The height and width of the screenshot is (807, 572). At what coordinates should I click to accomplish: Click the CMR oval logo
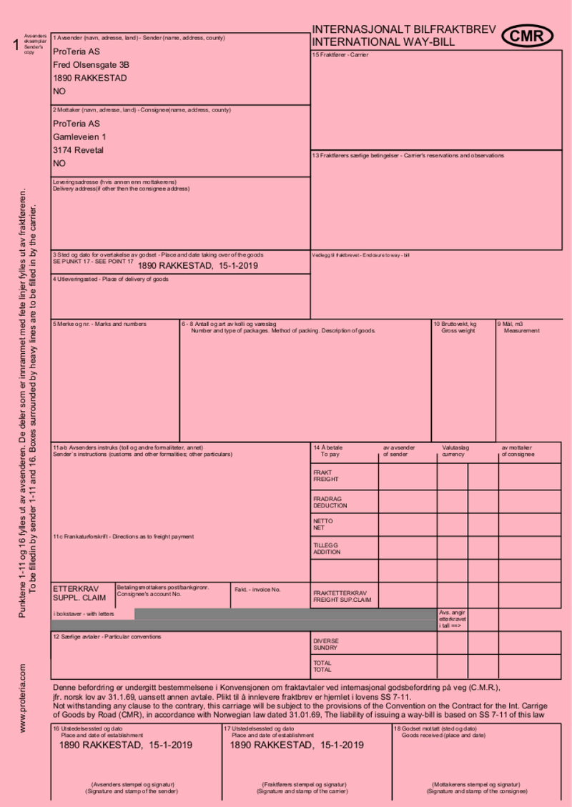527,35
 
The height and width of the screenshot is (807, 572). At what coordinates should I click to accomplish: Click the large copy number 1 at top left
16,46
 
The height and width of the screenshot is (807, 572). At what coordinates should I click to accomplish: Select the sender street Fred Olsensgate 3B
91,64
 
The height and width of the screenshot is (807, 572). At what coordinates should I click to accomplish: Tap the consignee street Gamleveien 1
79,137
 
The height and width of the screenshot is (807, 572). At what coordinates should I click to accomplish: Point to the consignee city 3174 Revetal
78,150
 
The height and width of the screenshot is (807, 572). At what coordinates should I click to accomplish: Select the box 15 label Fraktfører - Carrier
340,55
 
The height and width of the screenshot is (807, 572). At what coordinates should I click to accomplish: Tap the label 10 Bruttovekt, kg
455,324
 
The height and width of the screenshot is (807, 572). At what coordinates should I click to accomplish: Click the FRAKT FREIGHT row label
326,475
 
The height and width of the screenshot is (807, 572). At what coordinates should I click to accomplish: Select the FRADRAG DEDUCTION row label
330,502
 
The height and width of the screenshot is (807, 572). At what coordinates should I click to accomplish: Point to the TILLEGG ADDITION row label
327,548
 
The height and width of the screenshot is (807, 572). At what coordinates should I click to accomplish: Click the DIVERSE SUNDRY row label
326,644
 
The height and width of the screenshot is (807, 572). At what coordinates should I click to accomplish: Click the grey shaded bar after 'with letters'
286,614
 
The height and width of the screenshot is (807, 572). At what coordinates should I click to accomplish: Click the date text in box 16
126,745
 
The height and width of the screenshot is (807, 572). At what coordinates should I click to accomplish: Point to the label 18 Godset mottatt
435,728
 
